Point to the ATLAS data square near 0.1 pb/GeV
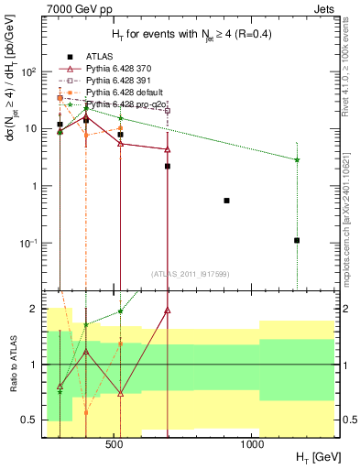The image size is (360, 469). [297, 240]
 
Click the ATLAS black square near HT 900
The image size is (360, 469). [226, 200]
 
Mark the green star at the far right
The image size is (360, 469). [297, 159]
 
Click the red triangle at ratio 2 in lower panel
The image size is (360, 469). [168, 310]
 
